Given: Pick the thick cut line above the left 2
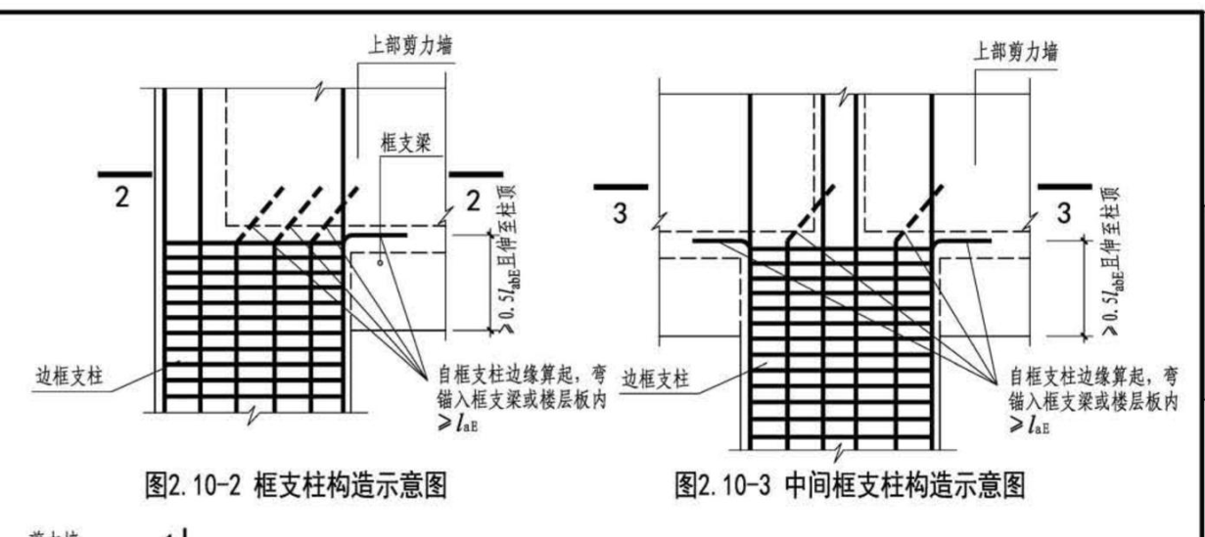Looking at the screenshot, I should tap(124, 174).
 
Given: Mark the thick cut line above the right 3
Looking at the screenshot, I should tap(1064, 185).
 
